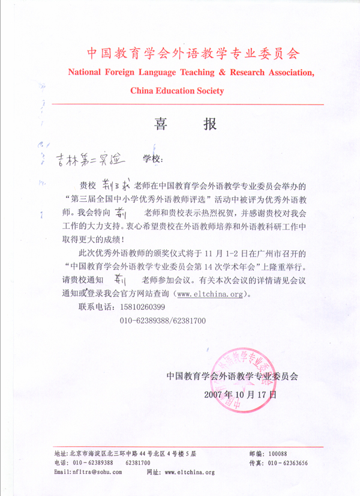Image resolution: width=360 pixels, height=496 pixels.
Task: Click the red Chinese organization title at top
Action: pos(192,53)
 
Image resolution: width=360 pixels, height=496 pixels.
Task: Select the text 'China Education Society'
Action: pos(177,91)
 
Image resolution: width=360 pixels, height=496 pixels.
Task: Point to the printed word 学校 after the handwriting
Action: pos(152,159)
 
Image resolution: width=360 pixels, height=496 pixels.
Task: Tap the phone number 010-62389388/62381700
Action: pos(163,321)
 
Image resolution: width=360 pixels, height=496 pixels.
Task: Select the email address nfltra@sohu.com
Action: pos(96,473)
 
